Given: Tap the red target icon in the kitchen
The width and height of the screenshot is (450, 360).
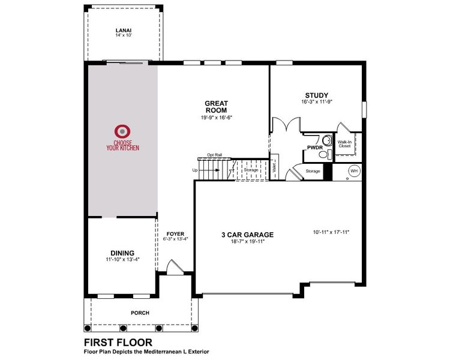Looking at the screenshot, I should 122,130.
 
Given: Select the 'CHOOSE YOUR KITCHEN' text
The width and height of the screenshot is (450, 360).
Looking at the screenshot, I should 122,145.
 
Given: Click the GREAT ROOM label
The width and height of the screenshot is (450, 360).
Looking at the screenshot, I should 216,107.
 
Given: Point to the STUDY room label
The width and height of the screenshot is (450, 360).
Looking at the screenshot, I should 316,95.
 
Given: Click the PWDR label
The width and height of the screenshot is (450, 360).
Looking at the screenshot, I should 315,147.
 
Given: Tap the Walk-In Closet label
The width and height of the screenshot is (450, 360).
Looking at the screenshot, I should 344,144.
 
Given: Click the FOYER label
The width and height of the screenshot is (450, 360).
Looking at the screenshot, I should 175,234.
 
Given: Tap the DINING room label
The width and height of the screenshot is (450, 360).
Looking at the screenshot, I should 122,253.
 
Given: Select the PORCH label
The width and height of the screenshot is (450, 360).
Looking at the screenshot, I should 140,313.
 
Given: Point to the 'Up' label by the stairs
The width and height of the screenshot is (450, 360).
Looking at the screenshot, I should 194,170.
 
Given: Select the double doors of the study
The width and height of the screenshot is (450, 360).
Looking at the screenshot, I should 285,125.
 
